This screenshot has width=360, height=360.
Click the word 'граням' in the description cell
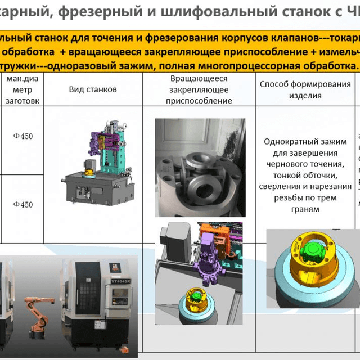304,209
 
